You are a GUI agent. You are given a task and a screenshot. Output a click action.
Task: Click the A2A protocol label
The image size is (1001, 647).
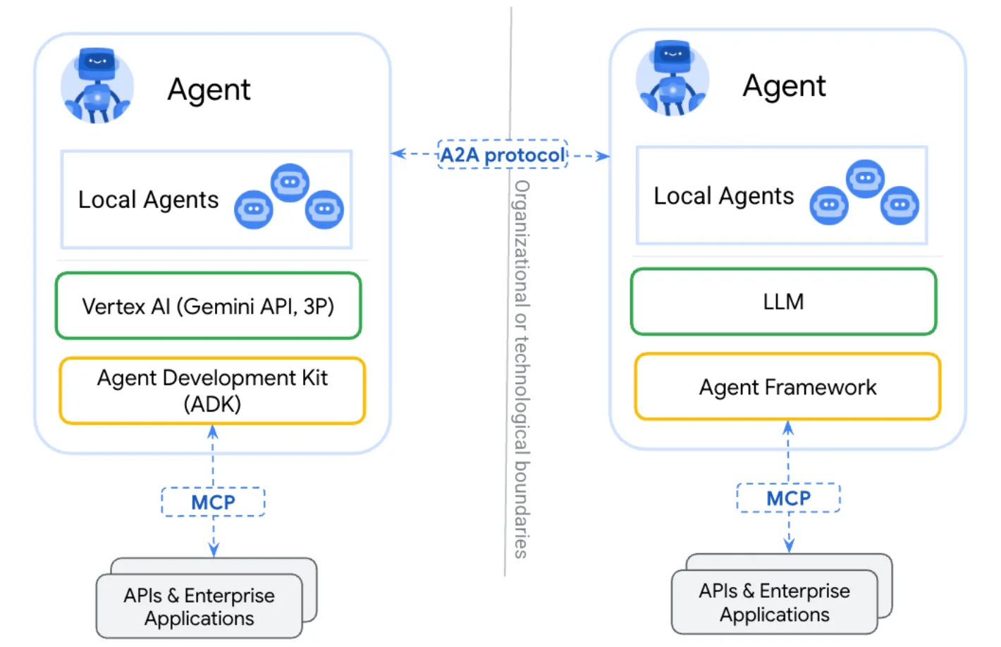502,154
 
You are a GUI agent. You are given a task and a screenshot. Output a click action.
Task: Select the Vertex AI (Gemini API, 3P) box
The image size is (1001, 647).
208,306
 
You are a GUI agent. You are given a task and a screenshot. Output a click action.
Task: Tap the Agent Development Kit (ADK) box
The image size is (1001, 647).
212,390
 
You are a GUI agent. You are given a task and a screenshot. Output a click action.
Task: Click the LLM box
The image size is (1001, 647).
783,302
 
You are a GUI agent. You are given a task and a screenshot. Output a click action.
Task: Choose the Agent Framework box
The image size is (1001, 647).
787,387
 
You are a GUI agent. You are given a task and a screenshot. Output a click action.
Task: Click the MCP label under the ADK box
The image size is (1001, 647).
213,502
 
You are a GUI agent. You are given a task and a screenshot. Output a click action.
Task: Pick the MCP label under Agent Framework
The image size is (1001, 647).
788,498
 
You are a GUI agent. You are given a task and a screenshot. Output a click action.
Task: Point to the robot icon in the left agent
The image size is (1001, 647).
97,85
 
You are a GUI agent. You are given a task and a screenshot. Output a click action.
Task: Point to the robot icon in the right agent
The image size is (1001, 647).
673,78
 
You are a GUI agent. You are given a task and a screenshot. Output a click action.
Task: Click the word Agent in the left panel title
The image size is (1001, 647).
209,90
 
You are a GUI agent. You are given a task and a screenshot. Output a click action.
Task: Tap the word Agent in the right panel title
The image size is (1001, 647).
784,86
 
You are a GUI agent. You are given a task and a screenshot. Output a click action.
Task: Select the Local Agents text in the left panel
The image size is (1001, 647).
148,200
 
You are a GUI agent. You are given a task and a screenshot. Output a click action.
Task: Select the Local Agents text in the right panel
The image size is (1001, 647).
723,196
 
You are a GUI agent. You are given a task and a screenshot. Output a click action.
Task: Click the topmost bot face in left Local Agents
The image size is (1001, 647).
290,183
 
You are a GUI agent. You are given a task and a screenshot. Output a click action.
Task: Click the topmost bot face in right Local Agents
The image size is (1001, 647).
865,178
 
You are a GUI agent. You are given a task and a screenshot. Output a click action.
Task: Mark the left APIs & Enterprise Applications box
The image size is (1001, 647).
199,607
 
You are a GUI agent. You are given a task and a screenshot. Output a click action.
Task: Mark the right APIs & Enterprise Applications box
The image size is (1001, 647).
774,603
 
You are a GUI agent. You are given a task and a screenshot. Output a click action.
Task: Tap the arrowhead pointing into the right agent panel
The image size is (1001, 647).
603,156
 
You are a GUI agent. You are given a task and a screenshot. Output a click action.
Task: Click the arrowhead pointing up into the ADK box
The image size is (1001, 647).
213,432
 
